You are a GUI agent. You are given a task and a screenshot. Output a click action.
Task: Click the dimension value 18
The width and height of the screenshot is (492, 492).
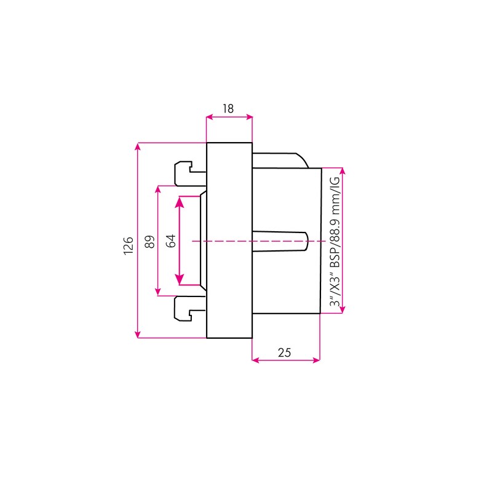click(x=228, y=109)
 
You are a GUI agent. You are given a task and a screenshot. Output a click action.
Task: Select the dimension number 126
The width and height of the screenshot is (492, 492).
click(x=129, y=245)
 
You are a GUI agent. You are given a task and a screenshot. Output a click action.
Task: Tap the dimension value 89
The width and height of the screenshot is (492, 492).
click(x=150, y=242)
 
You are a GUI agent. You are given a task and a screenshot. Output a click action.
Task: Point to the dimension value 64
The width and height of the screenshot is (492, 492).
click(x=171, y=240)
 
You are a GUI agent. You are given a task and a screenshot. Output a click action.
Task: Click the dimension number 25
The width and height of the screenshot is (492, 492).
click(x=284, y=352)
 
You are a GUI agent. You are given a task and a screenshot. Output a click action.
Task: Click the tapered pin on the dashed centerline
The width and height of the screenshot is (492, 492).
click(x=280, y=241)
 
